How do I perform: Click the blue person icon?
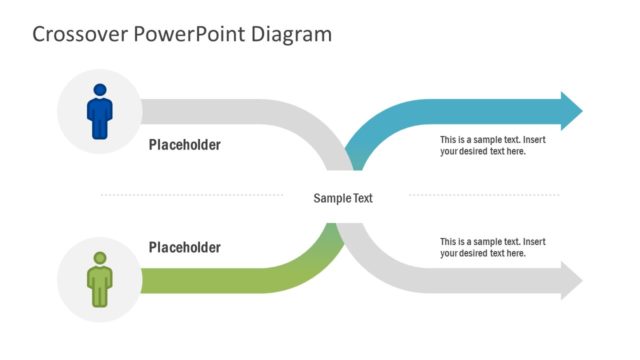pyautogui.click(x=100, y=111)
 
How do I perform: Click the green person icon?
pyautogui.click(x=100, y=279)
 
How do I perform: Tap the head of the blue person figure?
pyautogui.click(x=100, y=89)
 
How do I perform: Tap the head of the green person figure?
pyautogui.click(x=100, y=258)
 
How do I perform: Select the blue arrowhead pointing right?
pyautogui.click(x=571, y=111)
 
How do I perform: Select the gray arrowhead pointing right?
pyautogui.click(x=571, y=280)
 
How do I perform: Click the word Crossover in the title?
pyautogui.click(x=79, y=35)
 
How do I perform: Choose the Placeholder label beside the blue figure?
pyautogui.click(x=185, y=145)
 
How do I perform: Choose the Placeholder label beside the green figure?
pyautogui.click(x=185, y=247)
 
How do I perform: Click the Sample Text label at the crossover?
pyautogui.click(x=343, y=198)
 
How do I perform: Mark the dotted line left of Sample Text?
pyautogui.click(x=200, y=195)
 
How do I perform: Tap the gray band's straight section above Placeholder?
pyautogui.click(x=220, y=111)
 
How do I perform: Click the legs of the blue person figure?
pyautogui.click(x=100, y=129)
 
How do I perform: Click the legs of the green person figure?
pyautogui.click(x=100, y=297)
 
